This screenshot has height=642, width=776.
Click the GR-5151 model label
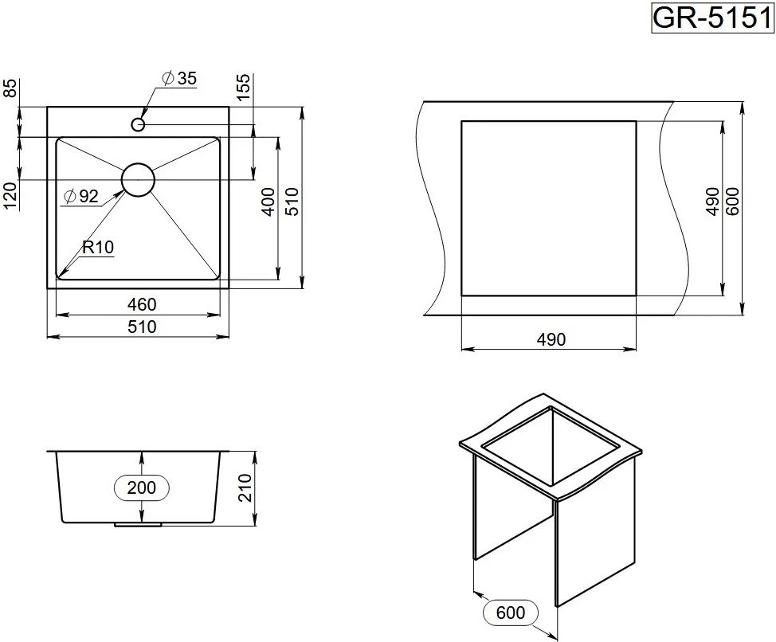click(x=711, y=18)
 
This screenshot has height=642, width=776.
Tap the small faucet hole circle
click(x=138, y=123)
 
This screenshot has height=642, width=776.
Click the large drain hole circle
click(x=139, y=179)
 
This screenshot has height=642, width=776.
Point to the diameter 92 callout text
click(x=81, y=197)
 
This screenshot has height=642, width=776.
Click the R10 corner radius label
click(x=98, y=247)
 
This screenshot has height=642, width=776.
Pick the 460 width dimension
click(x=142, y=304)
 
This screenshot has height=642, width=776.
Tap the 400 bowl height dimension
click(x=268, y=202)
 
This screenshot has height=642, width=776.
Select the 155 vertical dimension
click(x=244, y=87)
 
